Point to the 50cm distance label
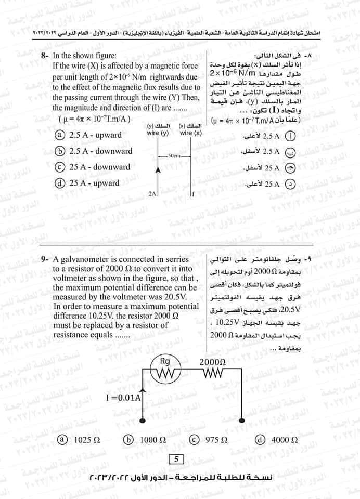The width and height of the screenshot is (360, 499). [x=174, y=155]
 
